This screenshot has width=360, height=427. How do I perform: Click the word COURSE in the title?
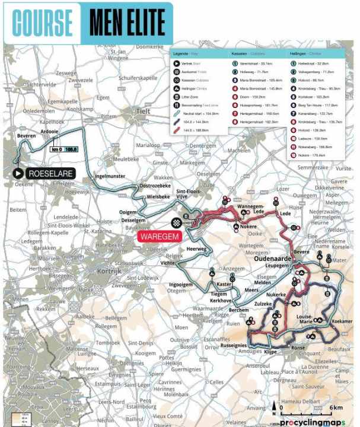[42, 23]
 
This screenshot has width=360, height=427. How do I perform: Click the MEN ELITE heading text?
[127, 23]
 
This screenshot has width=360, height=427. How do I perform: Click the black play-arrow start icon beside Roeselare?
[19, 174]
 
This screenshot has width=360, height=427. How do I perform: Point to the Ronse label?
[298, 349]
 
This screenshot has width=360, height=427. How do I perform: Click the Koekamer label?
[342, 321]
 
